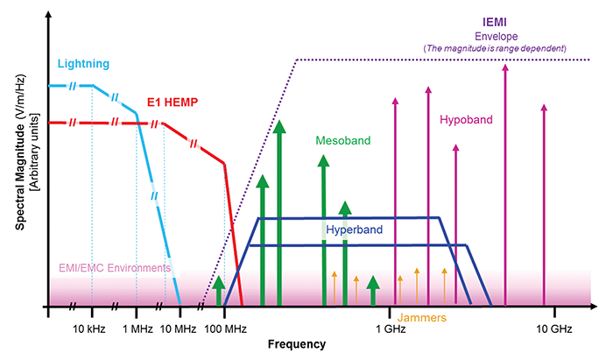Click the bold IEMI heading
[496, 22]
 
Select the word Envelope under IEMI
[496, 36]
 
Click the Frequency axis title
[297, 344]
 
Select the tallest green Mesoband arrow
[278, 210]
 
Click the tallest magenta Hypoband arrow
[504, 175]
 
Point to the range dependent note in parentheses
[496, 47]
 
